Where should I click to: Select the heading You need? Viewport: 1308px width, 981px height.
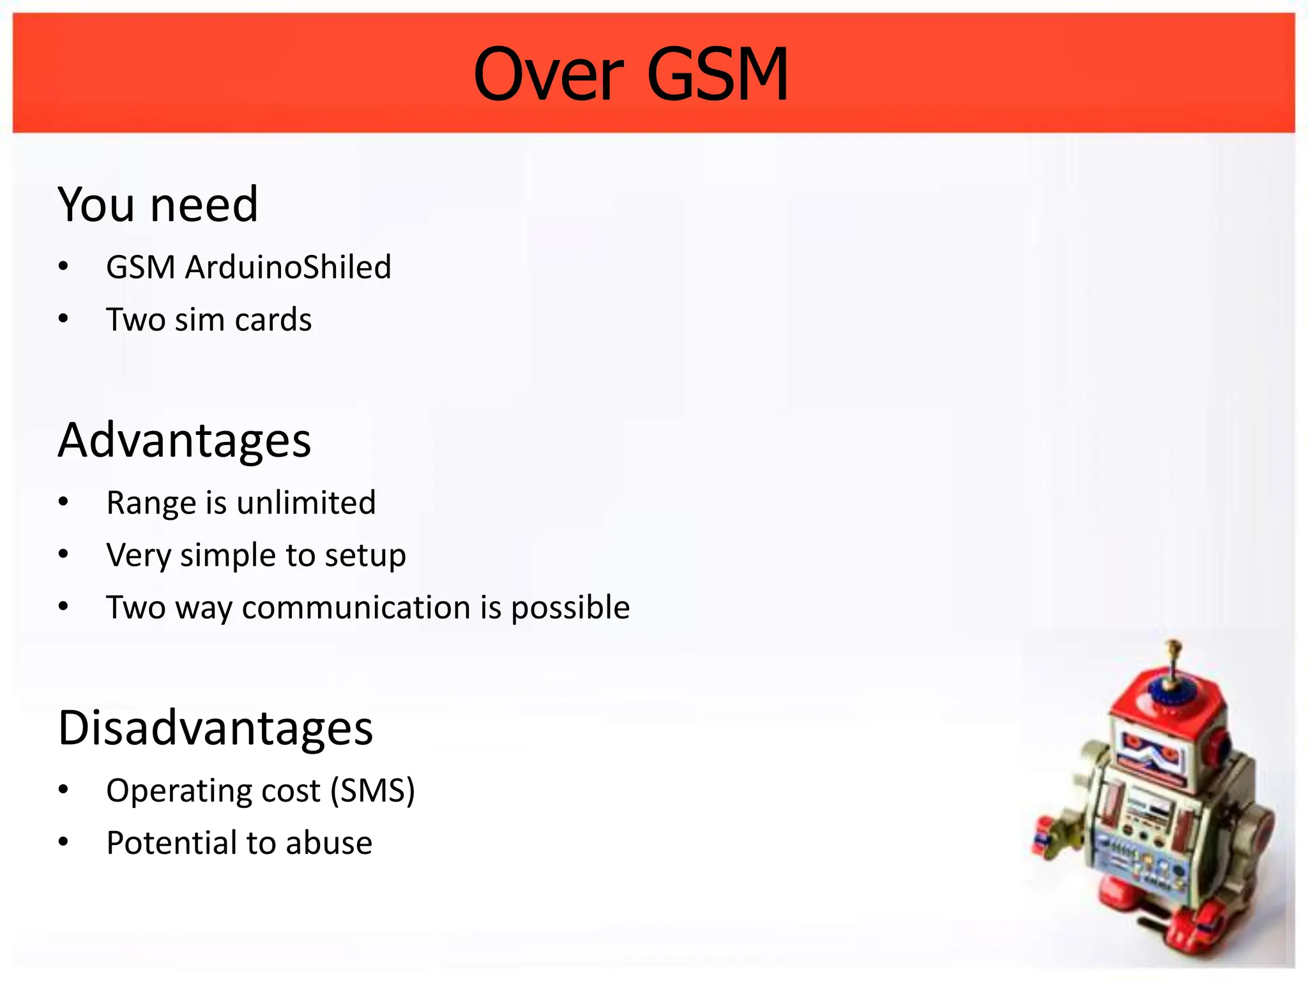[x=158, y=205]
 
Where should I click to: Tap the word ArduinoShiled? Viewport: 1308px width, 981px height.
[x=287, y=267]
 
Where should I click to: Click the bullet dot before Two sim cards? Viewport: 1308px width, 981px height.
[x=63, y=319]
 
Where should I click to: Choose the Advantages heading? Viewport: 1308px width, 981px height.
[x=184, y=441]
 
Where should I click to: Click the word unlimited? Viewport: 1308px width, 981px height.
[x=306, y=503]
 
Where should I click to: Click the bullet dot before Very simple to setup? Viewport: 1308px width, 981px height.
[x=63, y=554]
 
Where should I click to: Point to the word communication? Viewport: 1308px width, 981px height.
[x=356, y=607]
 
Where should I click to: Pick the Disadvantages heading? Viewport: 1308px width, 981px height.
[x=215, y=728]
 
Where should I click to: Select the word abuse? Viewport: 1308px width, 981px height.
[x=329, y=843]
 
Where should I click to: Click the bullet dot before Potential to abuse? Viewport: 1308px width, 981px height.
[x=63, y=842]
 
